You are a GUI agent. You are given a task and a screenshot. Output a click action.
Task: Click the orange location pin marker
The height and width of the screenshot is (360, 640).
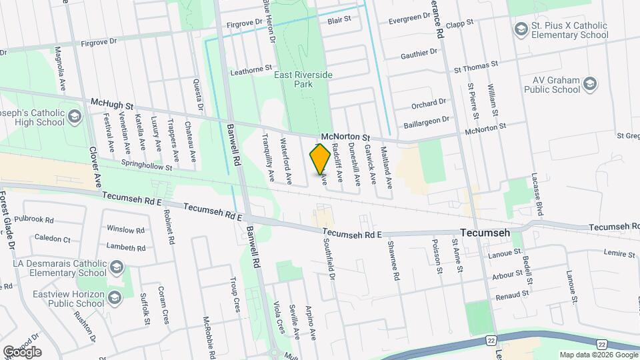click(320, 159)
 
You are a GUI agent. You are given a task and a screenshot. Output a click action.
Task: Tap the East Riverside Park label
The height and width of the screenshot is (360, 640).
click(303, 80)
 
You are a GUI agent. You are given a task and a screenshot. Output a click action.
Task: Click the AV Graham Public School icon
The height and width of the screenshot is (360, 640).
click(589, 83)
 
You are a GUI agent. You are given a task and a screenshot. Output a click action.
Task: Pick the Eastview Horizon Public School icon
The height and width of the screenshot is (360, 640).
click(115, 298)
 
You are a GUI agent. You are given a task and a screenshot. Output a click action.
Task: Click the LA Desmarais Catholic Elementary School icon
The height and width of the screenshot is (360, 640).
click(117, 267)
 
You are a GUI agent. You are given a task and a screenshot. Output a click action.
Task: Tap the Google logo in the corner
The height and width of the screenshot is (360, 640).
click(22, 351)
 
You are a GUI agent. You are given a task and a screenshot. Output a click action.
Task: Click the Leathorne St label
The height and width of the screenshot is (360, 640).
click(251, 68)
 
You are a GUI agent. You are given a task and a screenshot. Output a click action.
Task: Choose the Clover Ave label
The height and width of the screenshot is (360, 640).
click(95, 167)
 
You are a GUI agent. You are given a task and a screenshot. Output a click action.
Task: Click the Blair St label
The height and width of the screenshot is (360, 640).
click(339, 21)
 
